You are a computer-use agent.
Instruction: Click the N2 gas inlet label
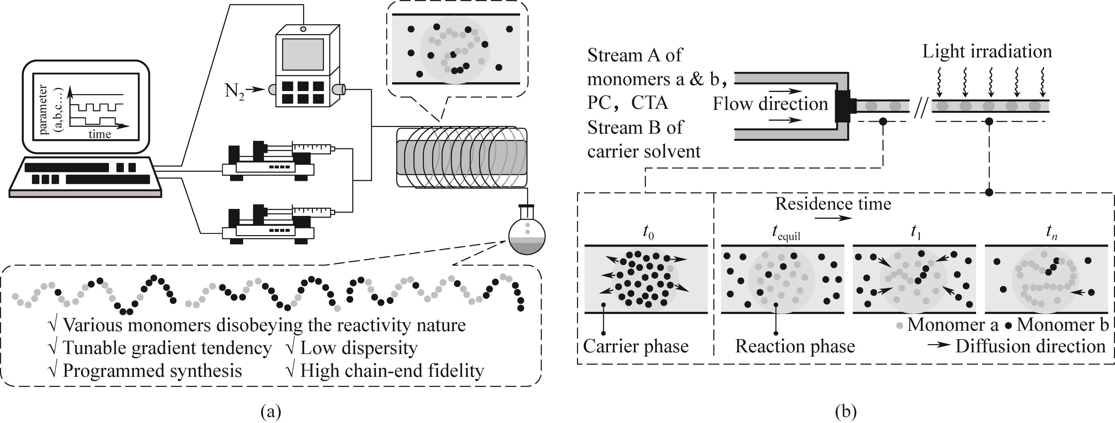[x=234, y=91]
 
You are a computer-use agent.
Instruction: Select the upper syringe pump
[x=268, y=162]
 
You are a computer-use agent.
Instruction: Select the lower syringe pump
[x=268, y=225]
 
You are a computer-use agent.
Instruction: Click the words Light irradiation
[x=987, y=51]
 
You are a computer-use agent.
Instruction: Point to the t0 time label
[x=648, y=233]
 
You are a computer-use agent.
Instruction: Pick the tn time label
[x=1051, y=233]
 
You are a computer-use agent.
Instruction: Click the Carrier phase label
[x=635, y=346]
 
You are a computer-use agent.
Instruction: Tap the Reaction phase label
[x=795, y=346]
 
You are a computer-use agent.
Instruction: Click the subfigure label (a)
[x=271, y=411]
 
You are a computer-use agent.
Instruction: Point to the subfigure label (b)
[x=846, y=411]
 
